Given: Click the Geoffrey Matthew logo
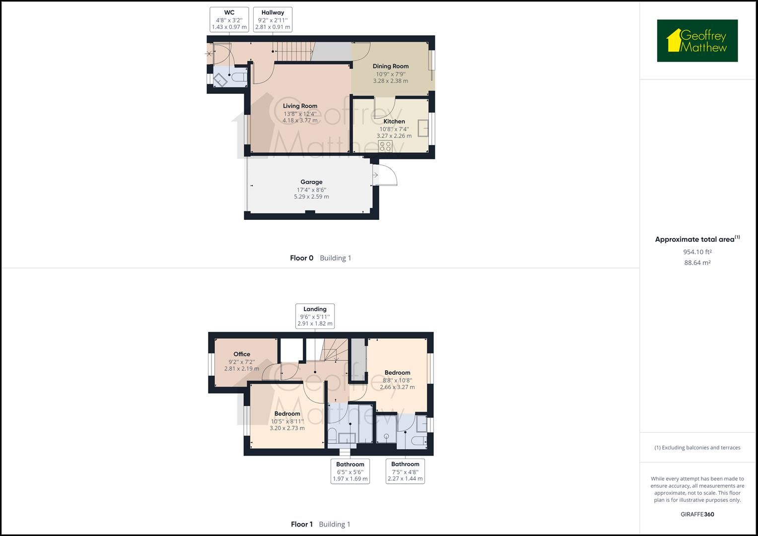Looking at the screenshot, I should pyautogui.click(x=697, y=41).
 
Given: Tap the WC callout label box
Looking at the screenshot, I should pyautogui.click(x=229, y=20).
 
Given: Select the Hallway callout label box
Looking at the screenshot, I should pyautogui.click(x=273, y=20).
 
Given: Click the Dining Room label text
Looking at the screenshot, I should pyautogui.click(x=391, y=66).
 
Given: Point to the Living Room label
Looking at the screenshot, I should pyautogui.click(x=300, y=106).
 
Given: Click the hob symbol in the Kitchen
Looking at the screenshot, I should pyautogui.click(x=385, y=146).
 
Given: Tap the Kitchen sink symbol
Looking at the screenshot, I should pyautogui.click(x=423, y=128).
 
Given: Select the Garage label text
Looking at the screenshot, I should pyautogui.click(x=311, y=182).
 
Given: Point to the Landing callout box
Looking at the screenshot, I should pyautogui.click(x=315, y=316).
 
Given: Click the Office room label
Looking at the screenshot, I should pyautogui.click(x=242, y=354).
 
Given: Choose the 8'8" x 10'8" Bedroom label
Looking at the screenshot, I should pyautogui.click(x=397, y=373).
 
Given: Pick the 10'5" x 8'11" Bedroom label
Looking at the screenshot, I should pyautogui.click(x=287, y=414).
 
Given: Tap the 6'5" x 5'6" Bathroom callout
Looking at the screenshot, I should pyautogui.click(x=350, y=471).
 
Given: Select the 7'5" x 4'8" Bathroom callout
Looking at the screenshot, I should pyautogui.click(x=405, y=471).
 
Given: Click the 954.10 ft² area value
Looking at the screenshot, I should pyautogui.click(x=697, y=252).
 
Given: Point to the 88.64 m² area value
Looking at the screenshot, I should pyautogui.click(x=697, y=263).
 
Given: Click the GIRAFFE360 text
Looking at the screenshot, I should pyautogui.click(x=697, y=514).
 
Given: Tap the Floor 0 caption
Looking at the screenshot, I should pyautogui.click(x=302, y=258).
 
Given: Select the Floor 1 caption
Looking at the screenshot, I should pyautogui.click(x=302, y=525).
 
